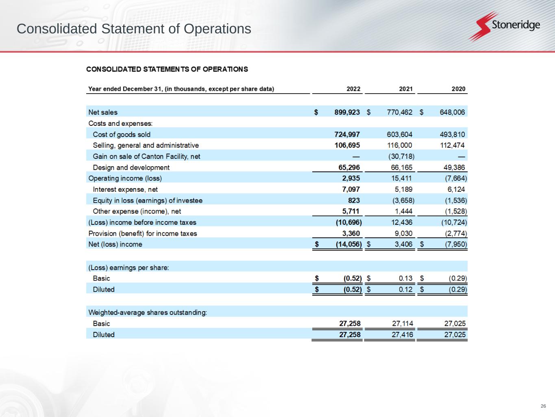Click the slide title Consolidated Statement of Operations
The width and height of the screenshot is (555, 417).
tap(134, 29)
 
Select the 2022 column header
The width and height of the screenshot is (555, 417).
tap(353, 89)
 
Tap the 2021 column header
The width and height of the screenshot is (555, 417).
tap(405, 89)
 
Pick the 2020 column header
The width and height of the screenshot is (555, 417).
tap(458, 89)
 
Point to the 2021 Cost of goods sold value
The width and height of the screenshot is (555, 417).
tap(399, 134)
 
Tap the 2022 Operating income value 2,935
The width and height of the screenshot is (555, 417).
tap(351, 178)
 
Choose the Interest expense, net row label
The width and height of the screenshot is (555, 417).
tap(125, 189)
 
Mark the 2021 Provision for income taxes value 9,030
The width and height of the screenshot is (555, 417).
tap(403, 233)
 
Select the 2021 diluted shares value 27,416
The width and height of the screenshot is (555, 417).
tap(402, 335)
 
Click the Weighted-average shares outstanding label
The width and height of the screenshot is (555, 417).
tap(148, 312)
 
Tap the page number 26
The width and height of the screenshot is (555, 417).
tap(543, 406)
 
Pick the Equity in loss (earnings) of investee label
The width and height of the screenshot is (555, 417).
tap(148, 200)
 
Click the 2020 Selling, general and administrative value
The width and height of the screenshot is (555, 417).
tap(452, 145)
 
